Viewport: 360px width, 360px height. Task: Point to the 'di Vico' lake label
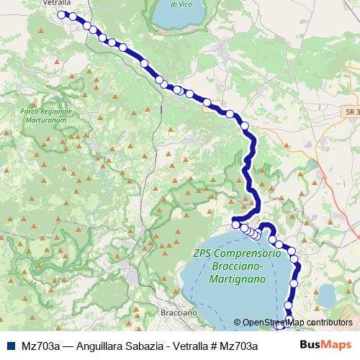coord(182,4)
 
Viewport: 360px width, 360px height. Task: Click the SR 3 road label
coord(351,113)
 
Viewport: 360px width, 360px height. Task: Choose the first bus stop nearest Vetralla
coord(61,14)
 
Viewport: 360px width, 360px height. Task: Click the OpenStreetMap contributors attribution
coord(297,323)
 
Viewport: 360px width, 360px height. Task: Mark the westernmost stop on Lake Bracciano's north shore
coord(235,225)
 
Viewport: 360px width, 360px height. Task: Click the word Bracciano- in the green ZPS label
coord(228,266)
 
